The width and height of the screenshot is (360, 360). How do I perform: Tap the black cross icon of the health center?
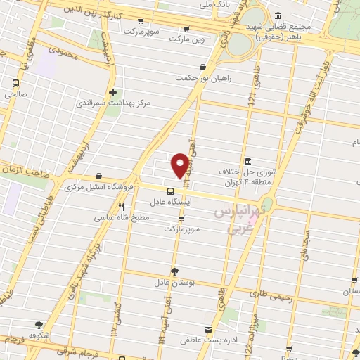(112, 91)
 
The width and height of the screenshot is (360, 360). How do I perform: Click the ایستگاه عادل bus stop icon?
(171, 191)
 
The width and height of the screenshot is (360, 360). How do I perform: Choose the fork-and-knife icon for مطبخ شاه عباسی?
(122, 207)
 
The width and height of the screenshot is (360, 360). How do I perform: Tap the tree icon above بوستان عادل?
(174, 271)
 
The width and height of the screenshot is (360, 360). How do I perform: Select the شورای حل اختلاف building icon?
(247, 160)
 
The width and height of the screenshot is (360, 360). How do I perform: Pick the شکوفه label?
(39, 336)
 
